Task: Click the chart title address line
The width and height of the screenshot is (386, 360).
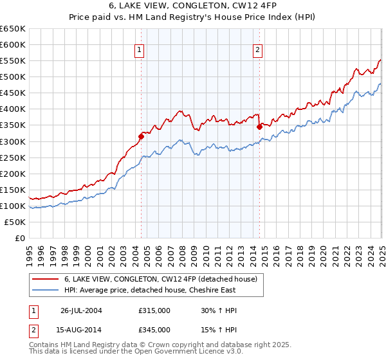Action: (x=193, y=7)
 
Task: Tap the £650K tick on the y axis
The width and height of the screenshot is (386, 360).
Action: (x=13, y=29)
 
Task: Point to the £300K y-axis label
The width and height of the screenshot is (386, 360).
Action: (x=13, y=141)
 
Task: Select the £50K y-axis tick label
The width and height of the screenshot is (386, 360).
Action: (x=15, y=222)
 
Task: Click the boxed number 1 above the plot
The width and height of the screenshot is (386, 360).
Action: (x=140, y=50)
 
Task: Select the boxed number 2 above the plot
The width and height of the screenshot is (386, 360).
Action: (x=257, y=50)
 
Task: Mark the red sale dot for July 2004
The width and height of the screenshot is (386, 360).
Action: (x=141, y=136)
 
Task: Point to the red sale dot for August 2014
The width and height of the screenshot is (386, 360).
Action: (x=259, y=127)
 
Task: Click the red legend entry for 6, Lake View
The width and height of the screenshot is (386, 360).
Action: (x=161, y=280)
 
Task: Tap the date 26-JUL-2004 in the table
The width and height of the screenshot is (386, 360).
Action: (x=81, y=310)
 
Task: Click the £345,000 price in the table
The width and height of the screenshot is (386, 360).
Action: (x=154, y=329)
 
